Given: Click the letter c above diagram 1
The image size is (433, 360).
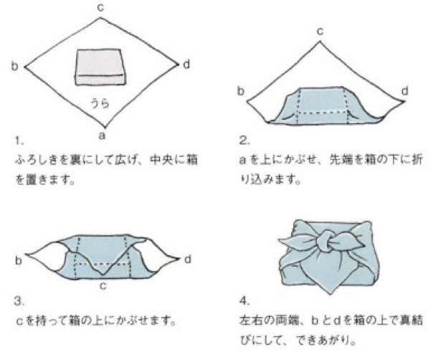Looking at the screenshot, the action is click(100, 8).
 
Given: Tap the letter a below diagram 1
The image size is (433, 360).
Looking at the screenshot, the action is click(103, 136).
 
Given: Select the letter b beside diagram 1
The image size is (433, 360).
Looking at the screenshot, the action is click(14, 66).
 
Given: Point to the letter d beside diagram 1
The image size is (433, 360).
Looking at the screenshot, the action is click(186, 64).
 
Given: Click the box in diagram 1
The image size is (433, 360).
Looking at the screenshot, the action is click(100, 67).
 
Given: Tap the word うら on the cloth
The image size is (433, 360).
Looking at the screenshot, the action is click(100, 103).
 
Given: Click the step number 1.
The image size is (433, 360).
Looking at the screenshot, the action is click(19, 141).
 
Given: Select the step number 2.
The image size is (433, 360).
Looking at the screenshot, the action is click(244, 141).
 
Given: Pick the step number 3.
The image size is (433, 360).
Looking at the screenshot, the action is click(19, 301).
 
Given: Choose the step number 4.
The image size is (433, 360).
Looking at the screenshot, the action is click(244, 300).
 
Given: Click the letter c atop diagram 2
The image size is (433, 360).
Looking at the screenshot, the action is click(320, 32).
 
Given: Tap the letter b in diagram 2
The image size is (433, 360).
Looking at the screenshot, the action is click(241, 90).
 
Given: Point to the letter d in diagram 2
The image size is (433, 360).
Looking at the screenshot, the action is click(404, 90).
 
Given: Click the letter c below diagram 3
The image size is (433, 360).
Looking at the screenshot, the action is click(103, 286).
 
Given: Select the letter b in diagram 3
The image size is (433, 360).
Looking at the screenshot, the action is click(18, 260).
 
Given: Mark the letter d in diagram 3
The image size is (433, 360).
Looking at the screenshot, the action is click(188, 260).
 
